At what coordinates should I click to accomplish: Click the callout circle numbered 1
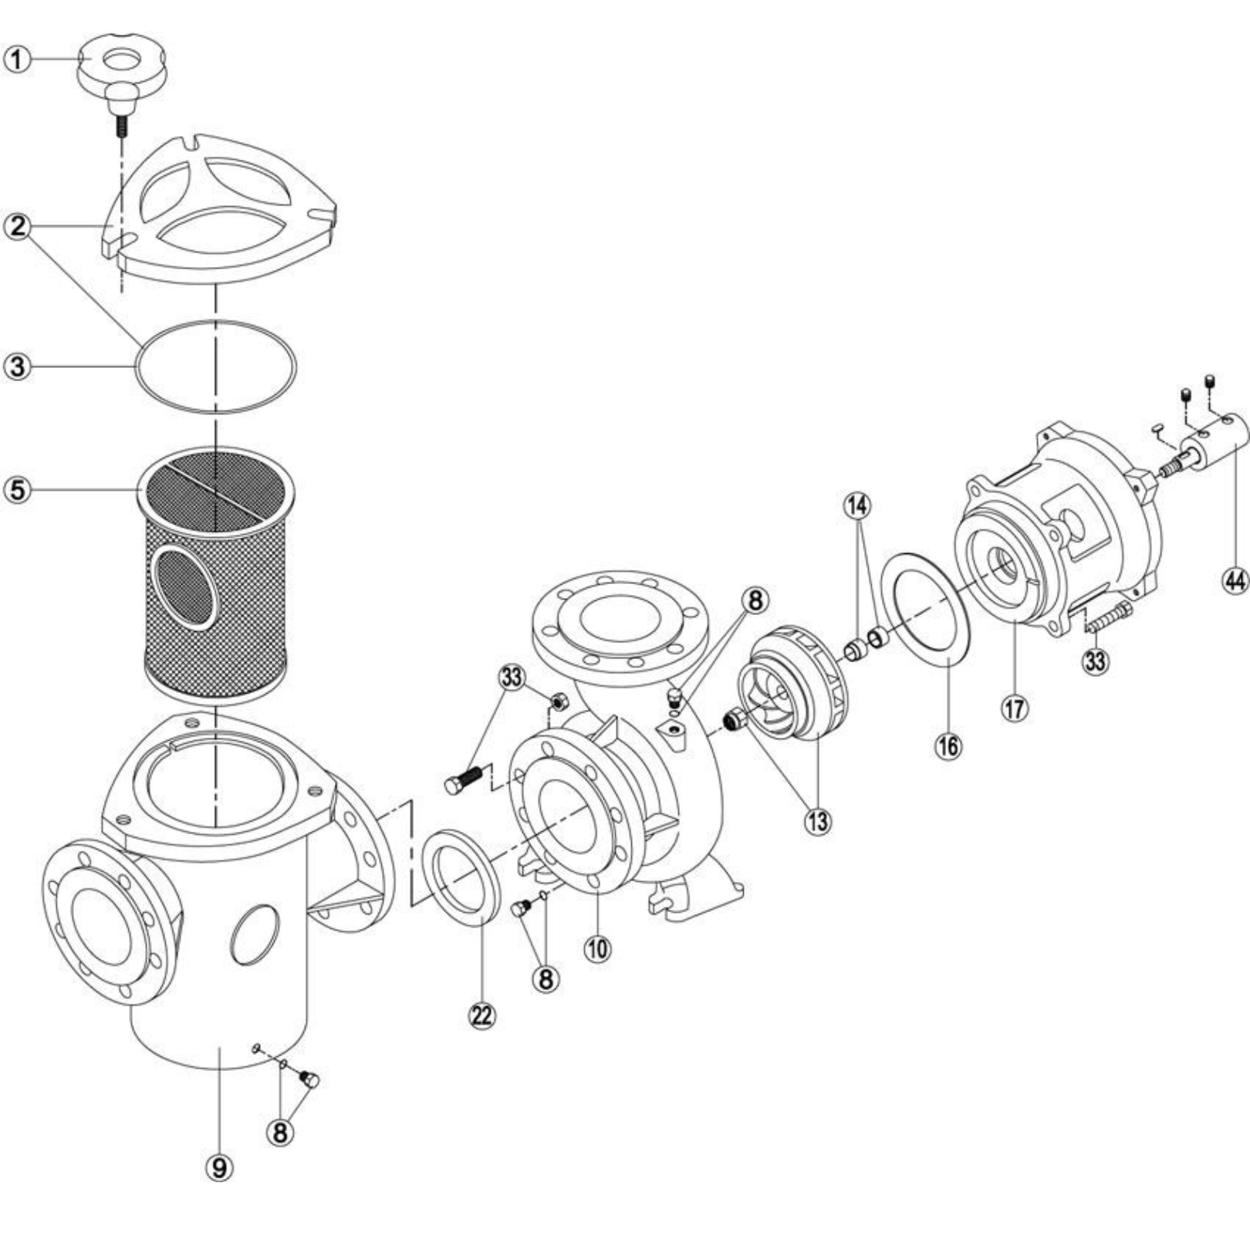pos(19,59)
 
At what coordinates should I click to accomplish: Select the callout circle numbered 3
pos(19,367)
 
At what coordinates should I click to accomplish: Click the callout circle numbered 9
pos(220,1168)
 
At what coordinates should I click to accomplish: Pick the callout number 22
pos(481,1016)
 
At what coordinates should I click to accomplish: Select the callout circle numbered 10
pos(598,948)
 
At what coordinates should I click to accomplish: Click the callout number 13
pos(818,822)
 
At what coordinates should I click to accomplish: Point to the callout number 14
pos(858,506)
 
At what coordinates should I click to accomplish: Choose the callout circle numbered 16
pos(948,745)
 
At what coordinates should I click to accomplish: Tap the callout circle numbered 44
pos(1235,580)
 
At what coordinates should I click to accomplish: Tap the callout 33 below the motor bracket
pos(1096,660)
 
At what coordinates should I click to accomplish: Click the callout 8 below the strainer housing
pos(280,1132)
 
